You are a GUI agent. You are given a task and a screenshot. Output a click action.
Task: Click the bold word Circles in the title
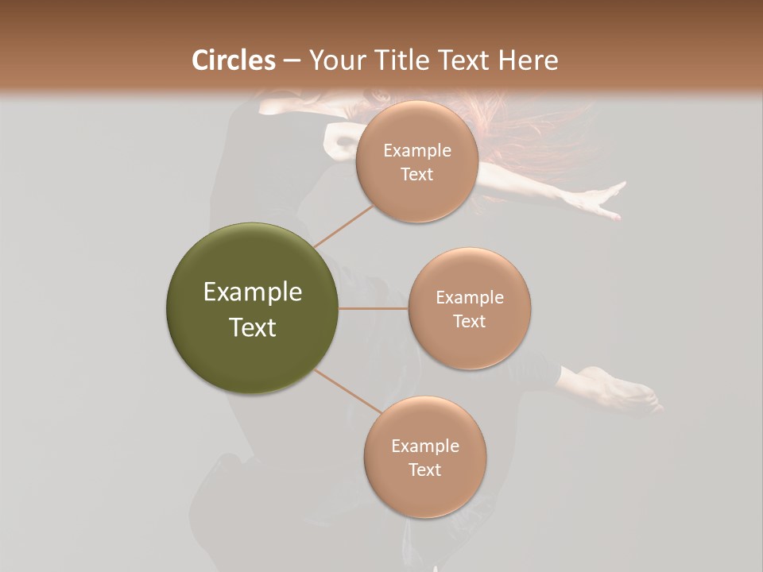coord(233,60)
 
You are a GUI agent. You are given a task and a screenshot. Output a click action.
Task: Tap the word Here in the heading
coord(528,60)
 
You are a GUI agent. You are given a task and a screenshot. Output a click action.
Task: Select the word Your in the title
coord(335,60)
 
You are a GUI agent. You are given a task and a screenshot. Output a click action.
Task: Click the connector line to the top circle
coord(343,226)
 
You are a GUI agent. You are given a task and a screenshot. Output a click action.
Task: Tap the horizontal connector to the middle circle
coord(373,308)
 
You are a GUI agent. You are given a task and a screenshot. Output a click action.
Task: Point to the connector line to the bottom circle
coord(347,392)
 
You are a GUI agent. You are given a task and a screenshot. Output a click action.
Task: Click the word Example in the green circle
coord(253,292)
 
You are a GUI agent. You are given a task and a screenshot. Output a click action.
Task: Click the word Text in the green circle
coord(253,327)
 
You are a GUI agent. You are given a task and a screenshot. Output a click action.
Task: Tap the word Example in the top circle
coord(417,151)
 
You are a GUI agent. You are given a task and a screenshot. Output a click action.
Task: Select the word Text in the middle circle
coord(469,321)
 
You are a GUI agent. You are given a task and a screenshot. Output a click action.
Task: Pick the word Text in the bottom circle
coord(424,470)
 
